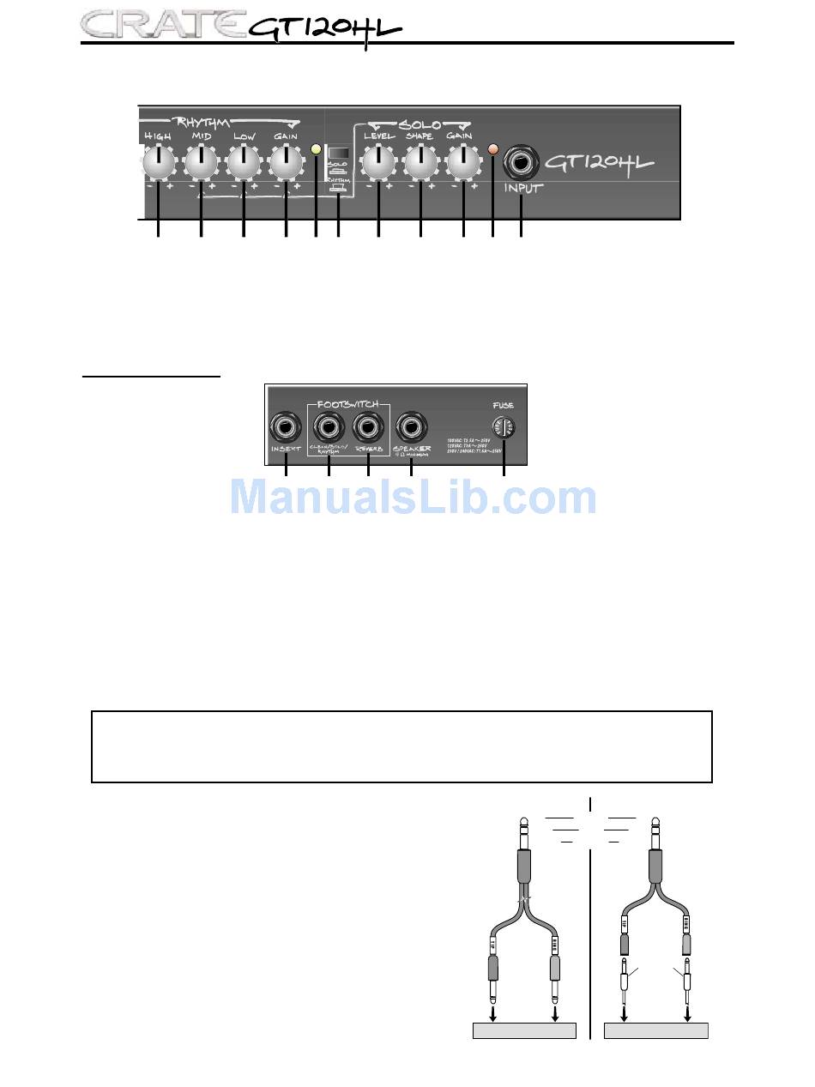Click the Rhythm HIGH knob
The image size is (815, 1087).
(158, 161)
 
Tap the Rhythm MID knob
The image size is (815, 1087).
(201, 161)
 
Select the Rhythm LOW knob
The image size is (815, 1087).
(244, 161)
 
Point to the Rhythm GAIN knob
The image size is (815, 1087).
(286, 161)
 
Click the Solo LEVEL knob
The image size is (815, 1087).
(378, 161)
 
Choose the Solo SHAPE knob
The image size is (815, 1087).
(420, 161)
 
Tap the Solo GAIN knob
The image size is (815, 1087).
(463, 161)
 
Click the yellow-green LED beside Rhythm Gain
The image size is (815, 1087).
(317, 149)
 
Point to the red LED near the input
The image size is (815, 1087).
(492, 149)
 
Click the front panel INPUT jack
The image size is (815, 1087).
(521, 161)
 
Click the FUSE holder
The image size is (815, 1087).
(504, 427)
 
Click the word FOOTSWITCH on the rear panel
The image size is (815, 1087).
(348, 402)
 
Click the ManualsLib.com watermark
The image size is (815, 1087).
(414, 498)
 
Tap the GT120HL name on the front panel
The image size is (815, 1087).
(601, 162)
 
